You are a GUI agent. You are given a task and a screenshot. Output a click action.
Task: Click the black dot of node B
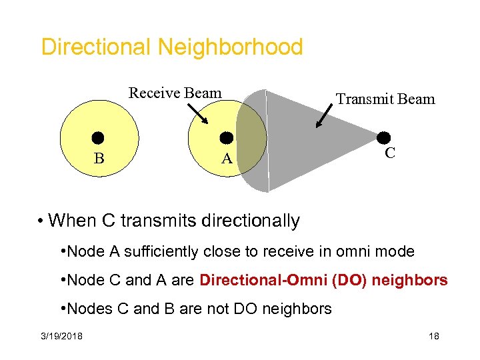tap(99, 139)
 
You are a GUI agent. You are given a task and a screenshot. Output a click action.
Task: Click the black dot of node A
tap(227, 138)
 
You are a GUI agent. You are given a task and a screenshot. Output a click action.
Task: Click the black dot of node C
tap(383, 138)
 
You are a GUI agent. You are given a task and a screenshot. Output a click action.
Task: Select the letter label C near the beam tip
tap(390, 153)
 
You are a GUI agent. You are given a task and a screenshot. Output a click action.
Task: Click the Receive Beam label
tap(175, 93)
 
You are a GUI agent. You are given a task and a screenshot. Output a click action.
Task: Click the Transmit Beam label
tap(385, 99)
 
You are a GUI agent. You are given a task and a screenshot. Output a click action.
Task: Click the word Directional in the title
tap(96, 47)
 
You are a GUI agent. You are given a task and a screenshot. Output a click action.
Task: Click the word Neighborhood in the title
tap(230, 47)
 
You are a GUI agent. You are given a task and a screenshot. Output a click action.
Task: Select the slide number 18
tap(434, 336)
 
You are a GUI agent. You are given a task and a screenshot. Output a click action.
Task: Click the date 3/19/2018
tap(60, 336)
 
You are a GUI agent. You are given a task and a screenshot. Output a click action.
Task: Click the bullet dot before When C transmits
tap(41, 221)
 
